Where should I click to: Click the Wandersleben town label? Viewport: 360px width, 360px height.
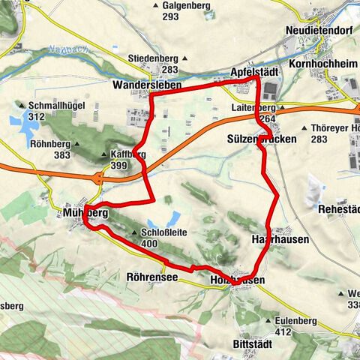coord(148,85)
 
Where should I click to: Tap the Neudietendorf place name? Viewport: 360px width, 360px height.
coord(318,30)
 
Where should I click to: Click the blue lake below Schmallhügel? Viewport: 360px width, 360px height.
coord(30,129)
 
